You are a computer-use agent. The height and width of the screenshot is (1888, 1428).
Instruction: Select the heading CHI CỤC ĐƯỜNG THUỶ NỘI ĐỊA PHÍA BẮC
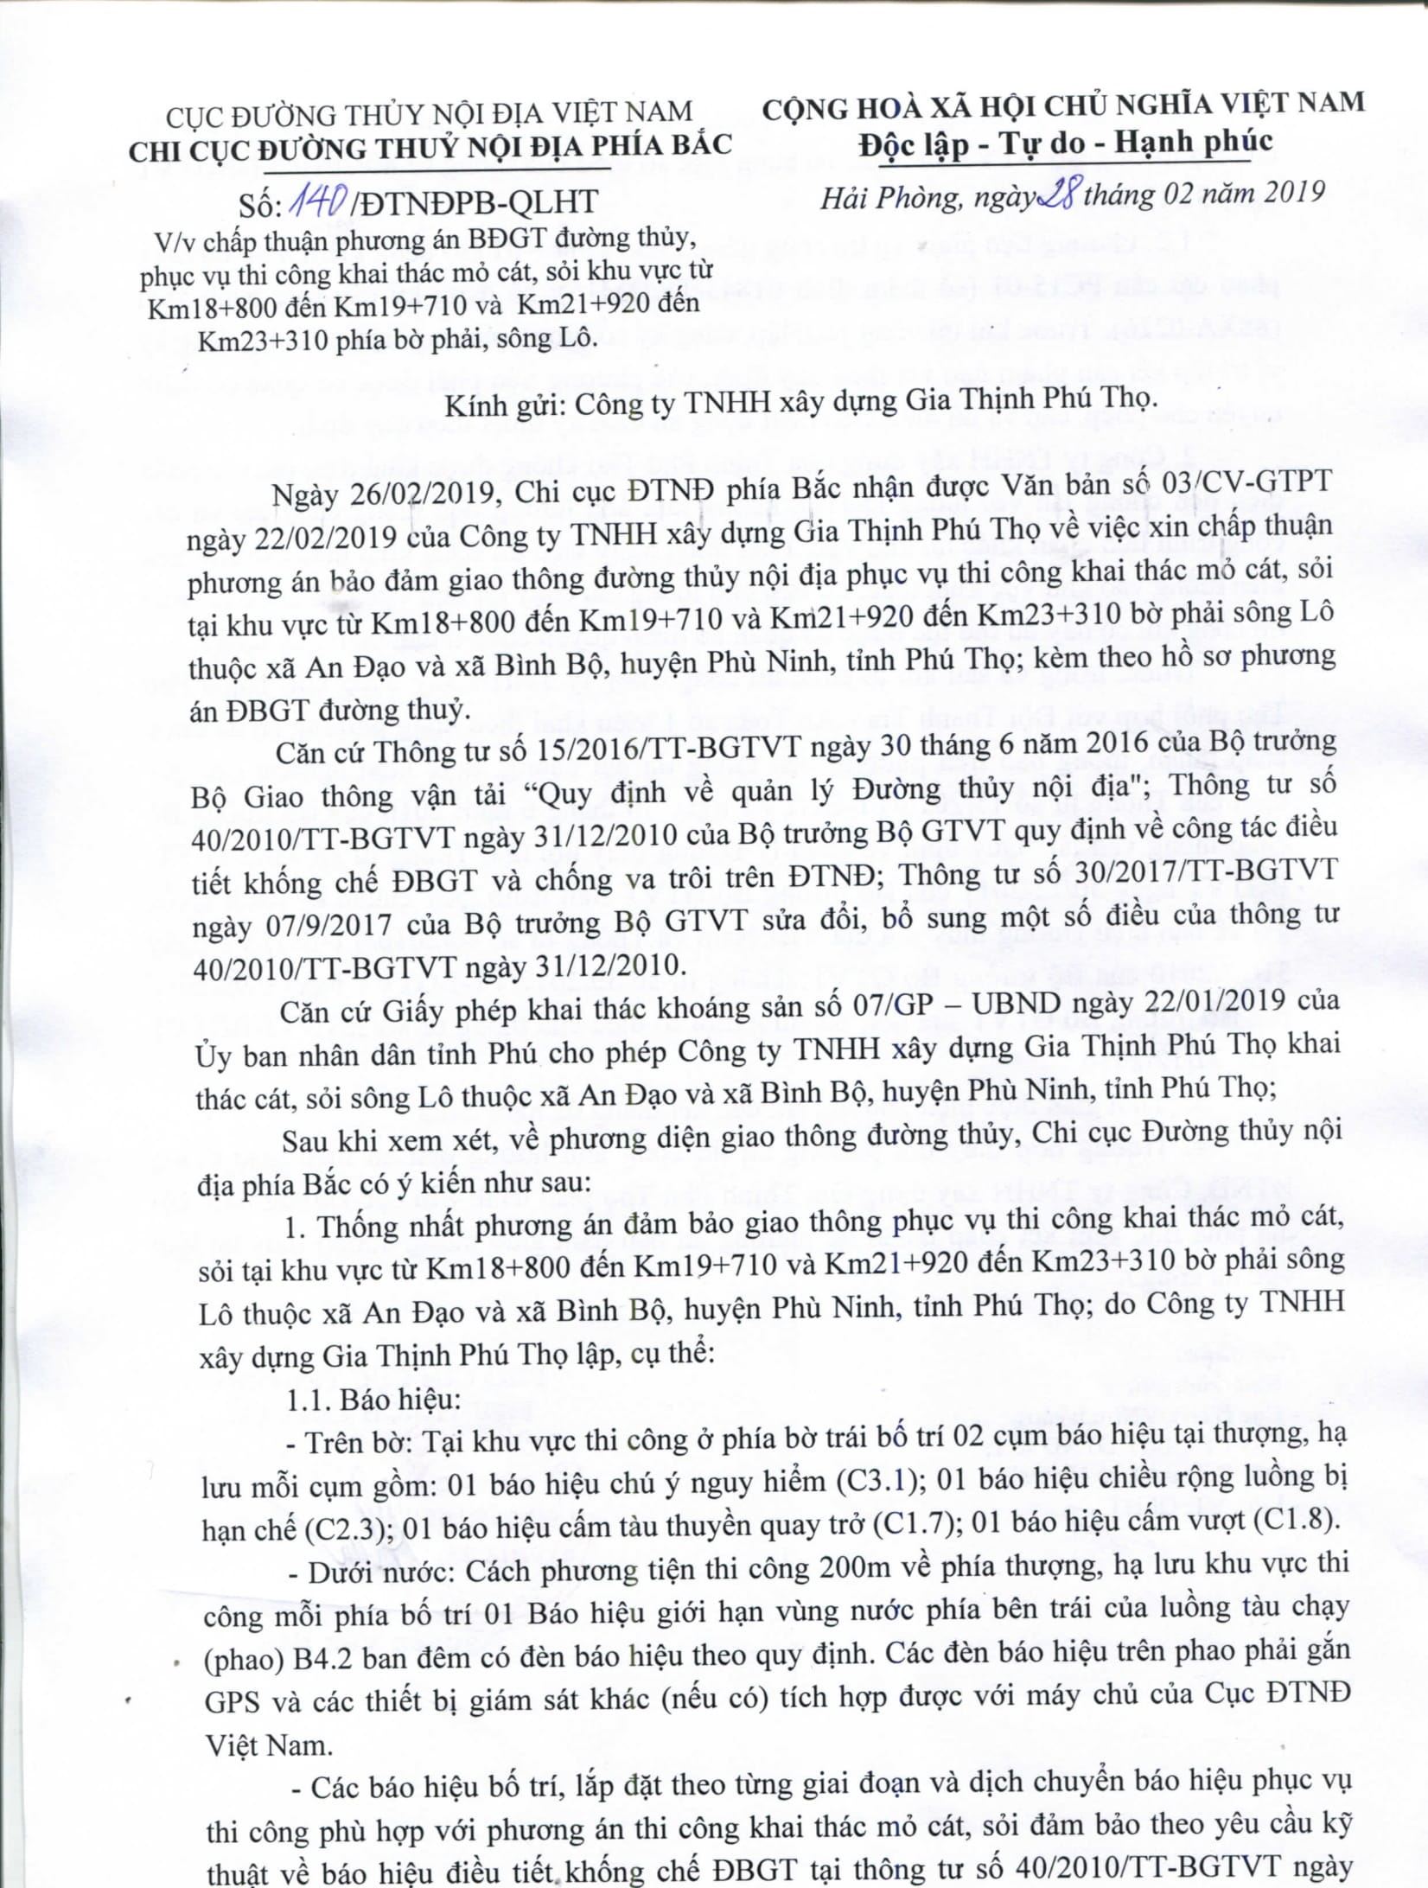point(430,147)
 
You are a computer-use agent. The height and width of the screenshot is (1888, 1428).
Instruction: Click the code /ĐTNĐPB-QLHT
point(475,201)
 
